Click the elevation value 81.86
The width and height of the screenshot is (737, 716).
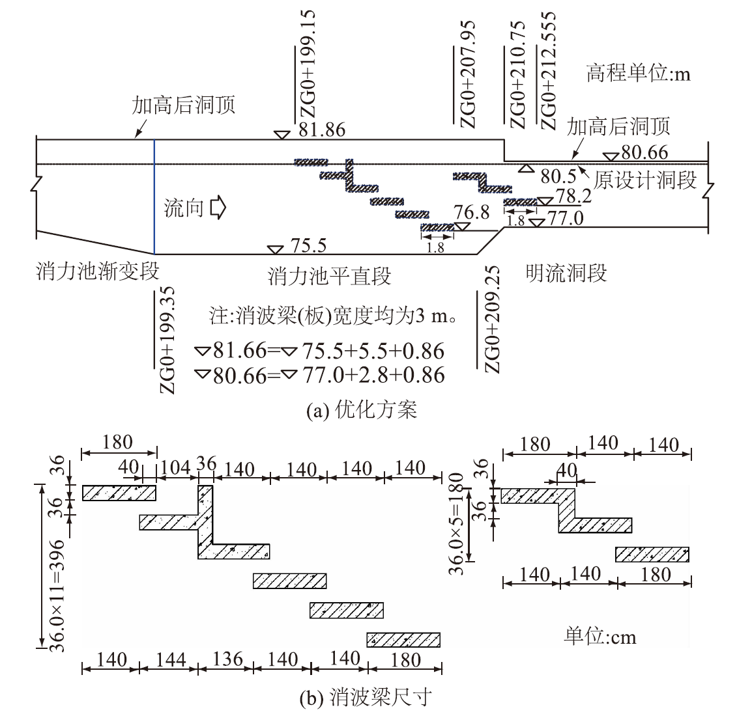(322, 130)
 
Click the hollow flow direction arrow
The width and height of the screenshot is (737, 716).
(218, 208)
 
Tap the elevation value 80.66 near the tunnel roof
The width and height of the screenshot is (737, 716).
(644, 152)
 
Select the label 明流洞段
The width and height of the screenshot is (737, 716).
(566, 272)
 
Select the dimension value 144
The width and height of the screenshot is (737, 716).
(168, 659)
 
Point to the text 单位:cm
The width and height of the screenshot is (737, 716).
(600, 635)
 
